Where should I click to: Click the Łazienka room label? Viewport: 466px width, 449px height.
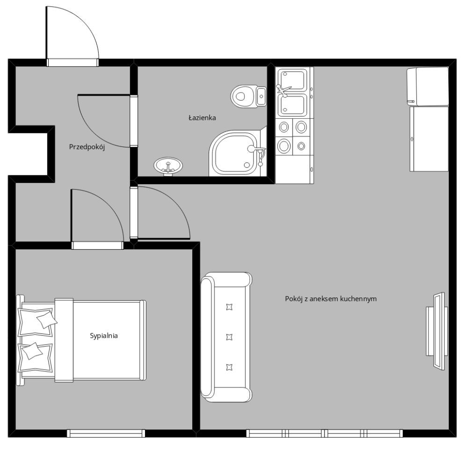[x=202, y=118]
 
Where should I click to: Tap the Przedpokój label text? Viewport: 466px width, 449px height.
[x=87, y=147]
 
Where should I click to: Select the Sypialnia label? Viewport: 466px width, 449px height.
[x=104, y=336]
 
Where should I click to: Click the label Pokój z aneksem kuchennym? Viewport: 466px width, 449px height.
[x=331, y=299]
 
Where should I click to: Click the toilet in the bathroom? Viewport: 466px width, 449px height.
[x=248, y=96]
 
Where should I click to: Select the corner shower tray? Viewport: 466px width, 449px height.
[x=238, y=153]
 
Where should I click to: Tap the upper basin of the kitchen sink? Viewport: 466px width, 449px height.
[x=292, y=80]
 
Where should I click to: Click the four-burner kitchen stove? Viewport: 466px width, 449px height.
[x=293, y=137]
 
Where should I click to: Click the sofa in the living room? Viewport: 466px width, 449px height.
[x=226, y=337]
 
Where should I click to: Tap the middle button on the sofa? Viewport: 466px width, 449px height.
[x=229, y=337]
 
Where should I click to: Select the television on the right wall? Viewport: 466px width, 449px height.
[x=437, y=331]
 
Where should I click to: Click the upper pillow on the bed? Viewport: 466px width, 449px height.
[x=37, y=322]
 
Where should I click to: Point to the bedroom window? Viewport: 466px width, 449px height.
[x=106, y=434]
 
